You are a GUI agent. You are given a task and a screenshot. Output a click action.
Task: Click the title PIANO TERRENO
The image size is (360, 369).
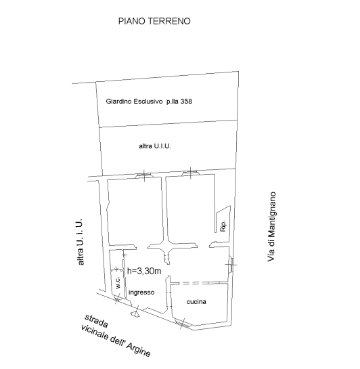point(154,21)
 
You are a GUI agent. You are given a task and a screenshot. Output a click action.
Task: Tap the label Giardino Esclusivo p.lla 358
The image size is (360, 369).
point(149,102)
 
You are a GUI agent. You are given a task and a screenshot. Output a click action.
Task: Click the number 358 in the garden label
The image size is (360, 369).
point(186,102)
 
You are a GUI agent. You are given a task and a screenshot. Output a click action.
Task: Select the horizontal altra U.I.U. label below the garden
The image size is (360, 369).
point(155,146)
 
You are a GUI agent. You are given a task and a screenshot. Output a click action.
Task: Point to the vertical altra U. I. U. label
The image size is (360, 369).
point(81,242)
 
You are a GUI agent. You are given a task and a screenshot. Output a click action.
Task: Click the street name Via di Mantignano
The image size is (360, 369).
point(271,226)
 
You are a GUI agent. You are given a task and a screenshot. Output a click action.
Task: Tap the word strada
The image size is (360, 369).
point(96,321)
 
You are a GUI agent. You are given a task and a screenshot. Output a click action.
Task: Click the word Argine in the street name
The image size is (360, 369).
point(139,349)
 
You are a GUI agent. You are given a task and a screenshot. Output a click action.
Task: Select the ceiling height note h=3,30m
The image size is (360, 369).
point(144,271)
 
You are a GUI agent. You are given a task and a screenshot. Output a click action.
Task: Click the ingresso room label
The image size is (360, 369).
point(141,292)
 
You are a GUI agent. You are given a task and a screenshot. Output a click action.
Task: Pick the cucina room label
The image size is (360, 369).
point(196,301)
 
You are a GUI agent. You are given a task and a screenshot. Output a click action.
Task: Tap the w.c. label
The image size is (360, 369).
point(118,282)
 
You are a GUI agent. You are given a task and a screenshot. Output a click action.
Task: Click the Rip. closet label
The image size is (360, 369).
point(223,226)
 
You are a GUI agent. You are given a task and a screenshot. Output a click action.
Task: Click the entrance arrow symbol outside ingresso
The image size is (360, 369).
point(135,313)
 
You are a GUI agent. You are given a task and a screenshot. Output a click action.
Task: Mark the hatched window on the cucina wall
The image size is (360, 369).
point(182,324)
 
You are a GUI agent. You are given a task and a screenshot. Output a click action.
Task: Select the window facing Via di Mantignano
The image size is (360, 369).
point(232,265)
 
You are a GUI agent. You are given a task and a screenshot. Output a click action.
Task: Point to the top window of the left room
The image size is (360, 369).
point(144,175)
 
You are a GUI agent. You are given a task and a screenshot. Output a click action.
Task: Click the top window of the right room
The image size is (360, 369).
point(190,173)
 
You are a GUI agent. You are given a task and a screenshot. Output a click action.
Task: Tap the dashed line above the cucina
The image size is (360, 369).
point(199,283)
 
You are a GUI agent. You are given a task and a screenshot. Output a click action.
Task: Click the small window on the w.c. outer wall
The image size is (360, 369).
point(118,299)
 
